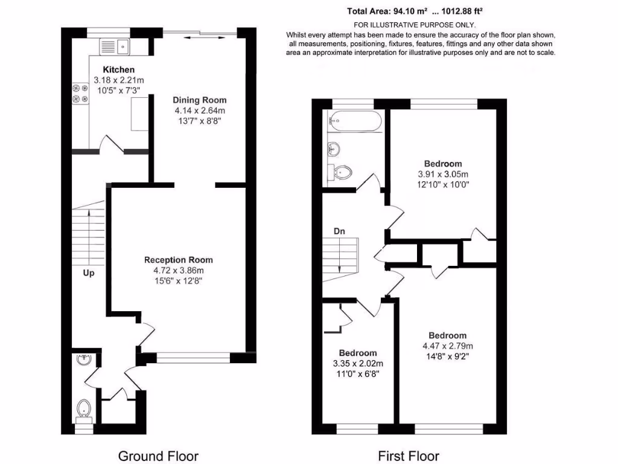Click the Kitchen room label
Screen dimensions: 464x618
click(x=118, y=69)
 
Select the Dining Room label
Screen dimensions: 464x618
click(x=199, y=100)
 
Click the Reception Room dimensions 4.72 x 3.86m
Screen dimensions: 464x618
click(x=178, y=270)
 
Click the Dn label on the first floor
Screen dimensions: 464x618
click(x=340, y=231)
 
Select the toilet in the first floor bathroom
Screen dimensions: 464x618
click(x=340, y=173)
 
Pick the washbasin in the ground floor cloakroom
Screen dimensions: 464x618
click(x=83, y=360)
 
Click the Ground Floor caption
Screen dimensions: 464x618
click(x=158, y=456)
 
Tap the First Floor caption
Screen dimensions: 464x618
click(x=409, y=456)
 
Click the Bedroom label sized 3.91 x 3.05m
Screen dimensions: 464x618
click(x=443, y=164)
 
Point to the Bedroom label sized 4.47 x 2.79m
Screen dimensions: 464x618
click(x=447, y=336)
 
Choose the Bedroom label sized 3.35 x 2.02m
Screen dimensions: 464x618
click(x=357, y=353)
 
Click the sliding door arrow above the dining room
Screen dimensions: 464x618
click(x=205, y=37)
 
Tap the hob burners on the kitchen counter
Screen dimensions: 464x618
click(x=80, y=91)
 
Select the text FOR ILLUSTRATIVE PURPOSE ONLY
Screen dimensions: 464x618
click(x=414, y=25)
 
